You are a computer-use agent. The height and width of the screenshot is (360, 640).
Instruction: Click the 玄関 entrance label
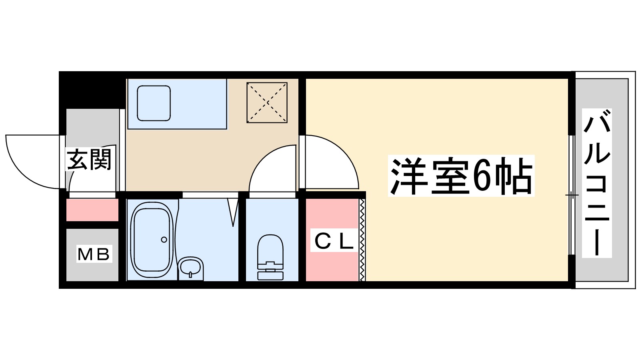89,160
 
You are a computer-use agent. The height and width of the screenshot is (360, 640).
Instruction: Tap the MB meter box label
94,254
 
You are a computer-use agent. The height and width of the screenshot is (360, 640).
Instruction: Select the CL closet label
334,241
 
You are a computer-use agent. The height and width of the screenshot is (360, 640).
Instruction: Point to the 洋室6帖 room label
461,176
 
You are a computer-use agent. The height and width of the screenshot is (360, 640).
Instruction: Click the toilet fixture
270,252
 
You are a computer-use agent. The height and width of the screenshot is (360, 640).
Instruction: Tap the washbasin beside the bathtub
190,267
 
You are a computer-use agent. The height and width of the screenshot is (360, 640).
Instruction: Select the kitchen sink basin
154,103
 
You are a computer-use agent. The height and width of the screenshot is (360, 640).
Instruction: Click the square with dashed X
267,102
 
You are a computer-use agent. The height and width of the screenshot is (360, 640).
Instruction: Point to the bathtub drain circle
164,240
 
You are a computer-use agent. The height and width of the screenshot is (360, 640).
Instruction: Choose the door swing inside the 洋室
330,162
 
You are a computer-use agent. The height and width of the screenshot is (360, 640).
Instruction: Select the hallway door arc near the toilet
272,168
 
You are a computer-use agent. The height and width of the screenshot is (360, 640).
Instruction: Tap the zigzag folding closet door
362,240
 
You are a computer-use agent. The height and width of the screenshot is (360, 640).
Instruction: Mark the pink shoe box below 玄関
92,210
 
